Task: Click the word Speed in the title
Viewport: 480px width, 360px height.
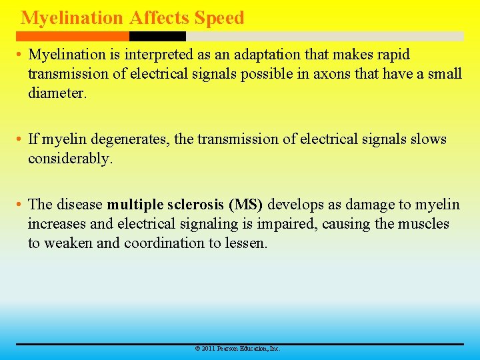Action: coord(219,18)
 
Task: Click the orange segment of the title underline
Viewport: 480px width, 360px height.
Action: coord(73,36)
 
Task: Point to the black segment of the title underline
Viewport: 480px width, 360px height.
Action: coord(157,36)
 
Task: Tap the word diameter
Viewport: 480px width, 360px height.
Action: coord(57,93)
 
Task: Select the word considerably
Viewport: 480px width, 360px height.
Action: coord(70,159)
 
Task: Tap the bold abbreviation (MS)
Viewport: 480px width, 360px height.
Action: coord(246,204)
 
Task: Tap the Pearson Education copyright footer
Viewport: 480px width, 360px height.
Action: coord(237,349)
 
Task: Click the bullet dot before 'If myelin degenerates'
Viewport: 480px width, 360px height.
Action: coord(21,140)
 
